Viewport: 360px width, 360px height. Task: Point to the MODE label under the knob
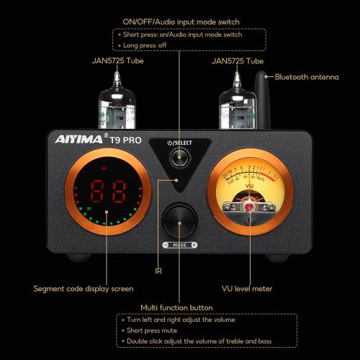point(179,245)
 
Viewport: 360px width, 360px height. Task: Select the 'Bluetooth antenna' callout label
point(306,76)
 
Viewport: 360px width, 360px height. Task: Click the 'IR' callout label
point(158,271)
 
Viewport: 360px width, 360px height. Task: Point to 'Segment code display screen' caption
point(84,289)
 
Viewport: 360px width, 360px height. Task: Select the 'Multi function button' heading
point(176,307)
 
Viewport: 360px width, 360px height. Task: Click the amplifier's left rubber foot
point(77,257)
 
